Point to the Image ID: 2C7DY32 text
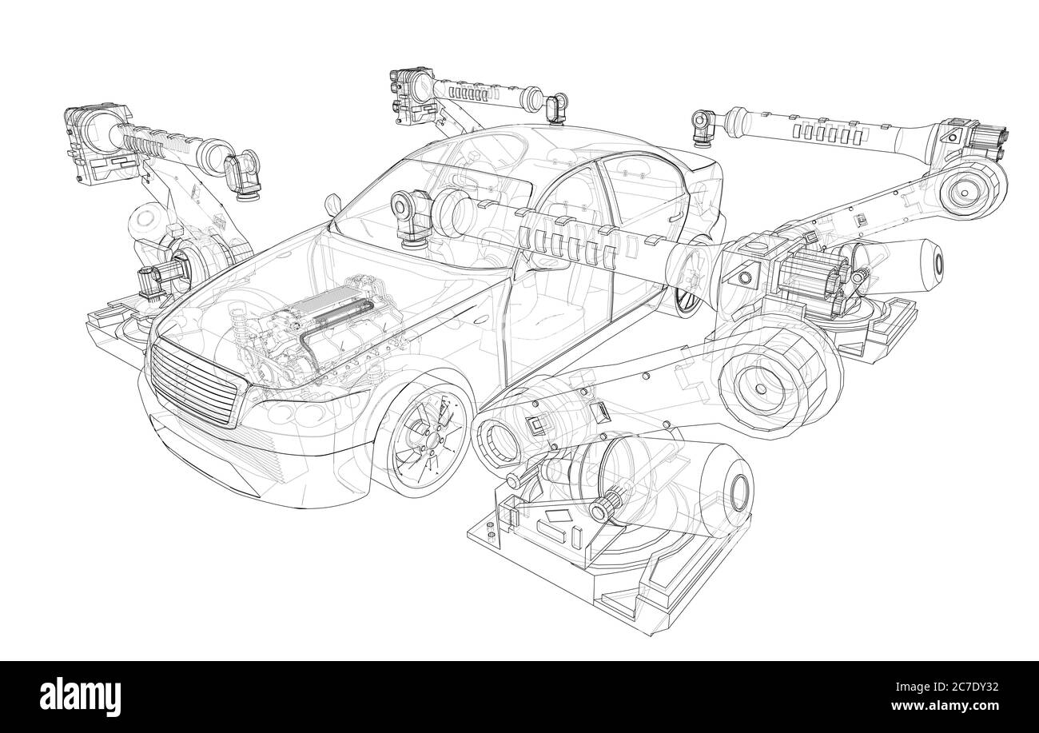click(947, 687)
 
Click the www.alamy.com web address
click(945, 706)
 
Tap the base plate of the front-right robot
click(599, 576)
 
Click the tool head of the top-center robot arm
click(556, 109)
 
